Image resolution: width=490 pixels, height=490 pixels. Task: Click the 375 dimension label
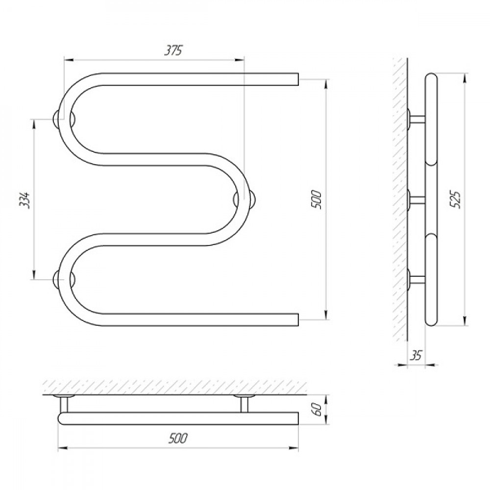[x=173, y=50]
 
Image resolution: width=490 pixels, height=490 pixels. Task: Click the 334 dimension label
[x=24, y=200]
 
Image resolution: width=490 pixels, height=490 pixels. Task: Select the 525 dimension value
[x=455, y=200]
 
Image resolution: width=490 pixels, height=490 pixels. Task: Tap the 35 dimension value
[x=416, y=356]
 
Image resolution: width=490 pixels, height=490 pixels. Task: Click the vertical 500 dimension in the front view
[x=316, y=199]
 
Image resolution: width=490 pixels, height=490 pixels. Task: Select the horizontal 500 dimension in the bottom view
[x=178, y=439]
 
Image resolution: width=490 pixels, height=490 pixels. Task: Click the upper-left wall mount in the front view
[x=64, y=119]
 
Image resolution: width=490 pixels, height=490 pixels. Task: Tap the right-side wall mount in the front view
[x=245, y=199]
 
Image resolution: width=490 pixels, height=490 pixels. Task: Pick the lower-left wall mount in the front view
[x=64, y=279]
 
